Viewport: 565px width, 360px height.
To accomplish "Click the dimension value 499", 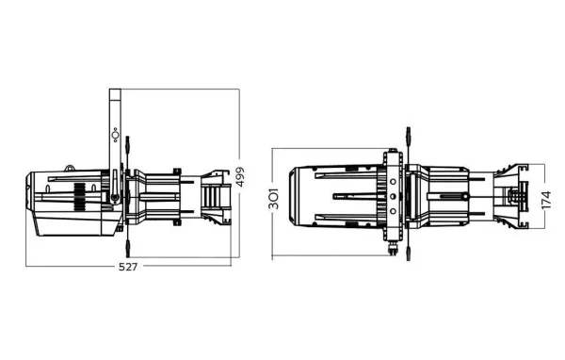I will (249, 174).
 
